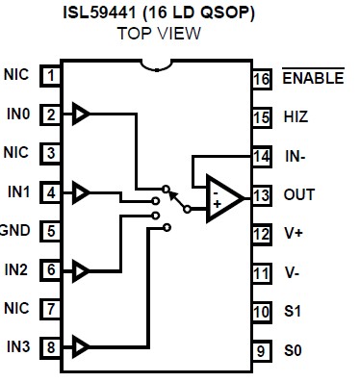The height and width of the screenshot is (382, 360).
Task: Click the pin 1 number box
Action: [50, 74]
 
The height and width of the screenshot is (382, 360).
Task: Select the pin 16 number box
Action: [261, 78]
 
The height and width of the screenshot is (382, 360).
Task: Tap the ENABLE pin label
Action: [313, 78]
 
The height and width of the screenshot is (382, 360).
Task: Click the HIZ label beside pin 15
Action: [296, 116]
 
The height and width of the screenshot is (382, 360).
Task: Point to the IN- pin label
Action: [296, 155]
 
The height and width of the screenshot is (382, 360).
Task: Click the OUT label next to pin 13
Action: [298, 194]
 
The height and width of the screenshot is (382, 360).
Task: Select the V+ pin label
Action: [293, 233]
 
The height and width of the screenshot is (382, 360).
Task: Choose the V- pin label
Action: [292, 272]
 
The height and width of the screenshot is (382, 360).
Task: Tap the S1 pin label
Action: [293, 311]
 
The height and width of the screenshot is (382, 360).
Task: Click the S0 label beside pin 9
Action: [293, 350]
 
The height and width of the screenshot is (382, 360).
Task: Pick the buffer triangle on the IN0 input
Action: [83, 115]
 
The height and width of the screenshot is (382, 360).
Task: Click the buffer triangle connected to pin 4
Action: [83, 192]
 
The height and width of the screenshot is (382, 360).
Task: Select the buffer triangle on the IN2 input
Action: [83, 270]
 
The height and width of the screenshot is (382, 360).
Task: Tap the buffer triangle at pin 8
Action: [83, 345]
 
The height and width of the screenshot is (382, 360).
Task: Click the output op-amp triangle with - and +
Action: [222, 197]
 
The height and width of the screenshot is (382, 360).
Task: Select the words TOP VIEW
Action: [159, 33]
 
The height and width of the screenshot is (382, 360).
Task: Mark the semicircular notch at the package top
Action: [155, 65]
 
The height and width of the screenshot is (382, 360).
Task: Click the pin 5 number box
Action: [50, 231]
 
